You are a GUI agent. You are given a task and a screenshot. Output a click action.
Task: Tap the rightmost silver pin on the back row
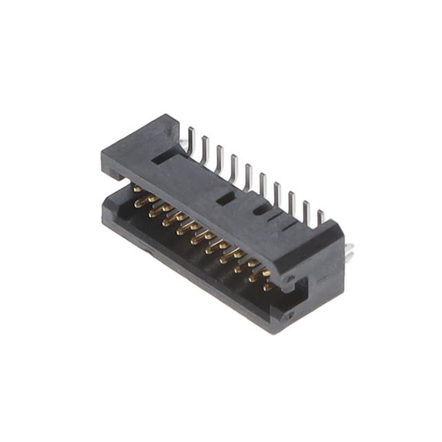pyautogui.click(x=320, y=218)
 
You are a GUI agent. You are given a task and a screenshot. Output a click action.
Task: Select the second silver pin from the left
pyautogui.click(x=204, y=146)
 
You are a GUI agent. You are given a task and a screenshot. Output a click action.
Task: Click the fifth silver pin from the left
pyautogui.click(x=247, y=174)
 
